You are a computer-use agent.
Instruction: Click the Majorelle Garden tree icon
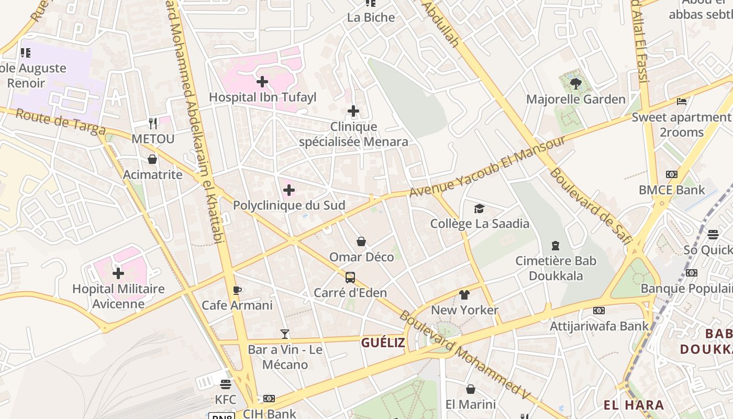pyautogui.click(x=575, y=83)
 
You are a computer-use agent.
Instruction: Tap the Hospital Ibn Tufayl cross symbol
pyautogui.click(x=262, y=81)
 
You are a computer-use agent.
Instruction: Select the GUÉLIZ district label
pyautogui.click(x=383, y=343)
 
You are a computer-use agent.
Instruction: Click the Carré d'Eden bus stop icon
pyautogui.click(x=350, y=277)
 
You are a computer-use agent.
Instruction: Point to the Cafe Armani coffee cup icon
pyautogui.click(x=237, y=290)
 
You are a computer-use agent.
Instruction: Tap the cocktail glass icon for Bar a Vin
pyautogui.click(x=284, y=334)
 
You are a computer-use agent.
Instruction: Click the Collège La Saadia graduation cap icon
pyautogui.click(x=479, y=209)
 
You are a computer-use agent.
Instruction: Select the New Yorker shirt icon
pyautogui.click(x=464, y=295)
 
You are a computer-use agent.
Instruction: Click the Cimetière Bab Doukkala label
pyautogui.click(x=556, y=268)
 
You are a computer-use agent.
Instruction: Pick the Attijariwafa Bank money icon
pyautogui.click(x=598, y=311)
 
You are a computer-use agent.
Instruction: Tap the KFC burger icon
pyautogui.click(x=226, y=384)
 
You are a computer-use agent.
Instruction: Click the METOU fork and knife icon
pyautogui.click(x=153, y=124)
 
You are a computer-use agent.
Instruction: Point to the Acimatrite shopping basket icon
pyautogui.click(x=152, y=159)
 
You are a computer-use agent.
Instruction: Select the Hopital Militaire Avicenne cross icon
pyautogui.click(x=118, y=273)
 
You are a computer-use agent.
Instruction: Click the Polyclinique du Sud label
pyautogui.click(x=289, y=205)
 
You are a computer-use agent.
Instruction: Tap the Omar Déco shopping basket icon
pyautogui.click(x=361, y=241)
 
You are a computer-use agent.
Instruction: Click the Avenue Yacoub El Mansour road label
pyautogui.click(x=487, y=167)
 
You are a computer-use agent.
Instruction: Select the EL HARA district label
pyautogui.click(x=634, y=405)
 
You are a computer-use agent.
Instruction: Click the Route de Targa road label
pyautogui.click(x=61, y=122)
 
